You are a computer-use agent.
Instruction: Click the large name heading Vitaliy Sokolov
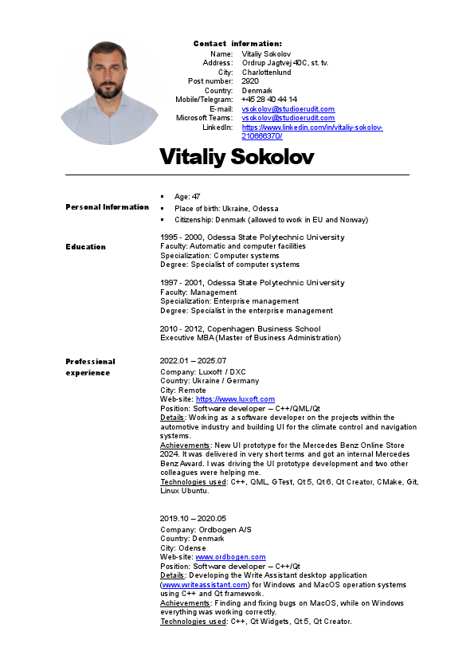(237, 156)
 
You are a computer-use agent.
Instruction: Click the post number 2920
(250, 81)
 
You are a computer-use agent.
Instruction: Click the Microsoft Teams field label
(204, 118)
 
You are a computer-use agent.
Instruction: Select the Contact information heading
(237, 43)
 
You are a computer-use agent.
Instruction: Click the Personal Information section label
(107, 207)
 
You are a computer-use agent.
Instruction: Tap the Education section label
(85, 247)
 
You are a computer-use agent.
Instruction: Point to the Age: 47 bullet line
(187, 196)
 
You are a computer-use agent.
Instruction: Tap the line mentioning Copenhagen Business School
(240, 328)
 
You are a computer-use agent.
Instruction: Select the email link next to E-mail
(288, 109)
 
